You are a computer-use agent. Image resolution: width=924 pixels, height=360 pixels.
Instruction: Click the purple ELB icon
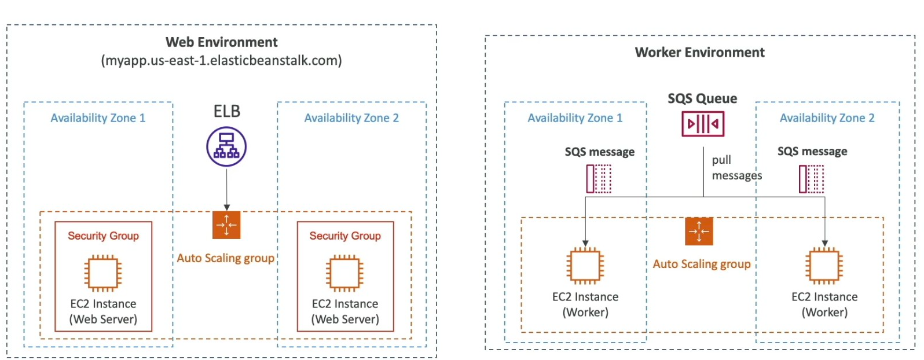point(226,147)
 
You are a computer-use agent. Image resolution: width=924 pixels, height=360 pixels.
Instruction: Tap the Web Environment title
point(221,42)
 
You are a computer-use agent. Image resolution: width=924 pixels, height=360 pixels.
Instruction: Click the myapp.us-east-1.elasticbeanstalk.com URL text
point(221,60)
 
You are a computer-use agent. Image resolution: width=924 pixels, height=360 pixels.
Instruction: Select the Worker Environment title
point(699,53)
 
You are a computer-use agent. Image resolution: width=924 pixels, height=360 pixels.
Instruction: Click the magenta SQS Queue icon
point(702,123)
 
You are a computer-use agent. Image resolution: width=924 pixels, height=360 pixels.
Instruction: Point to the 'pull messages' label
point(736,167)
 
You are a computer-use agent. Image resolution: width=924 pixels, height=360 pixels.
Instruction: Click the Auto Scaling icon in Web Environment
point(226,225)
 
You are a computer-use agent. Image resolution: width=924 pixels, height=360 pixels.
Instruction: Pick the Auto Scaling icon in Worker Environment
point(699,231)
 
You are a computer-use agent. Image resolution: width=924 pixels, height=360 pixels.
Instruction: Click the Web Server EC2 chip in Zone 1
point(103,273)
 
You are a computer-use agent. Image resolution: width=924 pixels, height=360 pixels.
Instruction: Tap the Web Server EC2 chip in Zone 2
point(344,273)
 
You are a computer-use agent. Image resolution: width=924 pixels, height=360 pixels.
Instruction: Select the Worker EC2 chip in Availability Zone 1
point(585,266)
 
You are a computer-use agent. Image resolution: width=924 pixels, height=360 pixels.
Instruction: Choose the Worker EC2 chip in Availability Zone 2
point(824,266)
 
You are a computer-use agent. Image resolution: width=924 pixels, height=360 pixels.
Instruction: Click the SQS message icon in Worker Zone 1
point(599,178)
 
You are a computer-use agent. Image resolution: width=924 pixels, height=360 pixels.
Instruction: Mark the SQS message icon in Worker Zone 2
point(811,178)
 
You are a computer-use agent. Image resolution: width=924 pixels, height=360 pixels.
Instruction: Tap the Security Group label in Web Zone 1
point(103,236)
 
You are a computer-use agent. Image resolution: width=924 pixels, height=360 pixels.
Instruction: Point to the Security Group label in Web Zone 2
point(344,236)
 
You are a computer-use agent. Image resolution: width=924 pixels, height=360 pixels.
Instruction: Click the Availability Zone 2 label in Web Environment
point(351,118)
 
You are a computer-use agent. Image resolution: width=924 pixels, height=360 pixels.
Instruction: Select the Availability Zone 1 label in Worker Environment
point(575,118)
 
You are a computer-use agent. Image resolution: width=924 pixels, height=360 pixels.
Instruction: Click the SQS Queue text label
point(702,98)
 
